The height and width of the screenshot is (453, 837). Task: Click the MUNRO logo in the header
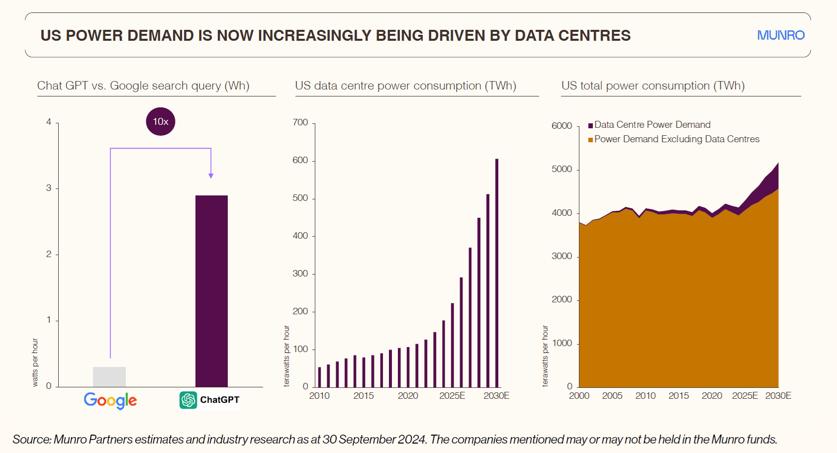click(x=780, y=35)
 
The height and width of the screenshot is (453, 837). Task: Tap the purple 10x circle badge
click(x=161, y=121)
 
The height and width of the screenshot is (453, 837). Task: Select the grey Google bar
click(x=109, y=376)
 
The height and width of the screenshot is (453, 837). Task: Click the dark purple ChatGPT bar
click(x=211, y=291)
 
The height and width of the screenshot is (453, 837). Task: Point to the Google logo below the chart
click(x=110, y=400)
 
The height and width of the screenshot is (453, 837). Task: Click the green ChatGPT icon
click(x=188, y=400)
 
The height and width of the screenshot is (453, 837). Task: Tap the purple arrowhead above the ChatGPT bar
click(x=211, y=176)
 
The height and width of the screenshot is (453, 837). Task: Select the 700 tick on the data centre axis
click(x=300, y=122)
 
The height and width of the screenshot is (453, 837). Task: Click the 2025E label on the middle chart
click(x=452, y=396)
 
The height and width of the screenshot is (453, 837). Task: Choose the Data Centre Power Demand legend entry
click(x=652, y=125)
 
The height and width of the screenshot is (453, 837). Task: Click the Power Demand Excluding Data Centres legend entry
click(x=676, y=139)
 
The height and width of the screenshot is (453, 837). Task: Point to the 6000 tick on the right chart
click(x=561, y=126)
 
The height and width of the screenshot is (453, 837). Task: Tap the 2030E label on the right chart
click(x=778, y=396)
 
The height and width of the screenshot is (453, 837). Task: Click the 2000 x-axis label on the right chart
click(x=579, y=396)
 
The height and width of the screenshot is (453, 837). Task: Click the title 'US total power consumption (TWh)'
click(x=653, y=86)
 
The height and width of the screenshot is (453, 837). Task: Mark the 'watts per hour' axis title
click(x=35, y=362)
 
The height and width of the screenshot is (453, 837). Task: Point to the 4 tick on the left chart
click(x=49, y=122)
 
